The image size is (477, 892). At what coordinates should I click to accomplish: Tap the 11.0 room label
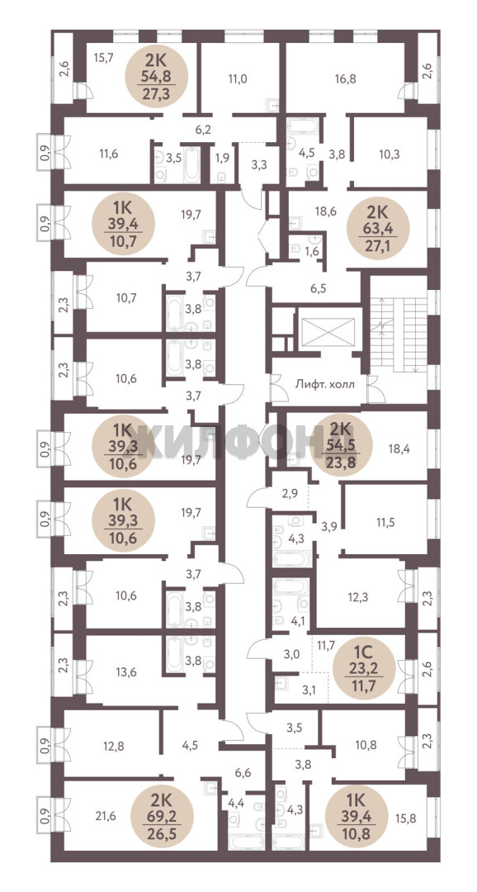pos(237,79)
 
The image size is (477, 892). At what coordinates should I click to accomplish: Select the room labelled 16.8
pos(346,79)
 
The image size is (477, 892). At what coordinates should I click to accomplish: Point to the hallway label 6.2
pos(203,129)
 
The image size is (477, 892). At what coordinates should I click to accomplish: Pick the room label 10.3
pos(390,153)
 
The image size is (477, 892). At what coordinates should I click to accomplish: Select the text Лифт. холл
pos(324,384)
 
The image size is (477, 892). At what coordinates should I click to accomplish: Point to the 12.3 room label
pos(358,597)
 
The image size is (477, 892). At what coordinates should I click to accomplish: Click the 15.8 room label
pos(406,819)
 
